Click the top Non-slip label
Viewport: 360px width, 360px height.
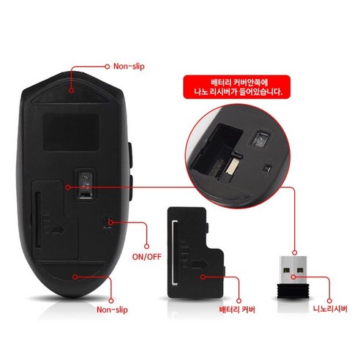coord(129,67)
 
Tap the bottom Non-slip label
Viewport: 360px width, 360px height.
coord(112,310)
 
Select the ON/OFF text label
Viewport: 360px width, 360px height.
coord(147,257)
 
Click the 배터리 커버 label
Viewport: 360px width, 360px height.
coord(237,310)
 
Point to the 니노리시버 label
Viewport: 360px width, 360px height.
coord(330,309)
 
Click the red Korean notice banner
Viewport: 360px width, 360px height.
coord(237,87)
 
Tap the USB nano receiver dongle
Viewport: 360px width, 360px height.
coord(293,277)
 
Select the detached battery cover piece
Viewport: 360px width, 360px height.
coord(195,252)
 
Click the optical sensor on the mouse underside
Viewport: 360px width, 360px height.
coord(85,184)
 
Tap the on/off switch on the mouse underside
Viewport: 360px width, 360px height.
coord(107,223)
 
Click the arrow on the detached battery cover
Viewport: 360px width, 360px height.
coord(200,263)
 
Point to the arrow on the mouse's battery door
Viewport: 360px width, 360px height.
coord(58,229)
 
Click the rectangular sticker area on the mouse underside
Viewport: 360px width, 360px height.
coord(72,132)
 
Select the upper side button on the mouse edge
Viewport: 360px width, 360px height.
coord(130,155)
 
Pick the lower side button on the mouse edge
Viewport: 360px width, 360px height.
coord(130,188)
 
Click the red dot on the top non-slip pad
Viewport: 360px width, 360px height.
coord(71,91)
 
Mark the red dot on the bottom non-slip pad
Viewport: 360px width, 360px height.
coord(75,277)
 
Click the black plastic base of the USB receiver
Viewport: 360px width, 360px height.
coord(293,290)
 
